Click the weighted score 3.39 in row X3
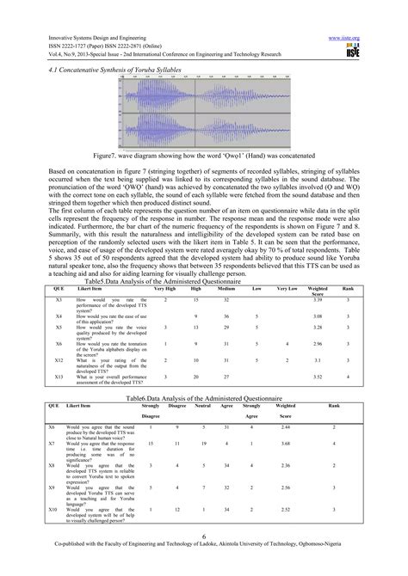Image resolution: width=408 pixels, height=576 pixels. click(x=318, y=299)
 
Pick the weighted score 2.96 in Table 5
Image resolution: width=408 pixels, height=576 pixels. click(x=318, y=343)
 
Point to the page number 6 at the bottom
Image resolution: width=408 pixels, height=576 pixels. click(x=203, y=556)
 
